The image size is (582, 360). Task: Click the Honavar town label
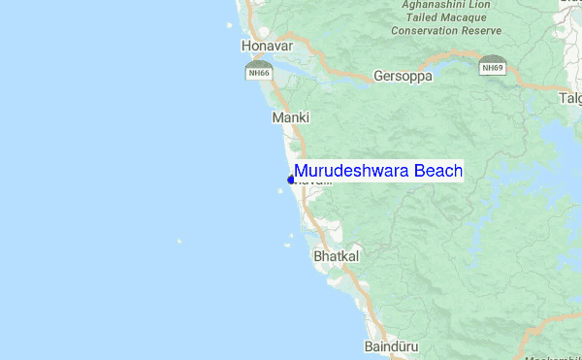tap(266, 46)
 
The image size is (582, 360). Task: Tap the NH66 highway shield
tap(258, 71)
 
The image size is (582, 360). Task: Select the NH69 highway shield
tap(492, 67)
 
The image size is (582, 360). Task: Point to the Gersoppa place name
tap(403, 76)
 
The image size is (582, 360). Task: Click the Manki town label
tap(290, 117)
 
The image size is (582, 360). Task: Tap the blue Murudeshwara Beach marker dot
tap(290, 179)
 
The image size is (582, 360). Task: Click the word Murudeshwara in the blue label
tap(351, 172)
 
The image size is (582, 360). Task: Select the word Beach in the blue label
tap(437, 172)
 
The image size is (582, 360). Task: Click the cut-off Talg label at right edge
tap(570, 98)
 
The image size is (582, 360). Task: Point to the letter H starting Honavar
tap(246, 46)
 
